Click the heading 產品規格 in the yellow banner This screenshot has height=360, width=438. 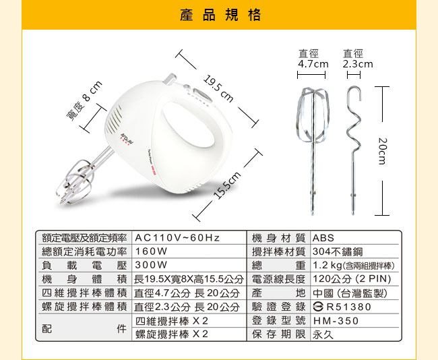coord(220,15)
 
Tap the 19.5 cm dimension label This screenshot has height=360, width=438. coord(218,88)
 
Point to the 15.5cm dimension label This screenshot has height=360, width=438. coord(227,185)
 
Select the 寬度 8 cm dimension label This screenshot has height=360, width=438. coord(84,100)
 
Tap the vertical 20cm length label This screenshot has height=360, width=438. coord(382,151)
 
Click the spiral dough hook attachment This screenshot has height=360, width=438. coord(353,150)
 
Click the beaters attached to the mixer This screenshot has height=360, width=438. coord(81,179)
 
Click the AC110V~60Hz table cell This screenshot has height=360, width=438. coord(177,238)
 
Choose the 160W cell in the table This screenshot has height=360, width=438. coord(151,251)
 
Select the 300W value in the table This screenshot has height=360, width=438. coord(151,265)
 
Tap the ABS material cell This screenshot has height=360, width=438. coord(323,238)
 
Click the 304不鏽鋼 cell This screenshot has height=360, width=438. coord(338,251)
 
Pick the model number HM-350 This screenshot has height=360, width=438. coord(336,321)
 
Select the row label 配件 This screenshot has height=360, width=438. coord(84,328)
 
